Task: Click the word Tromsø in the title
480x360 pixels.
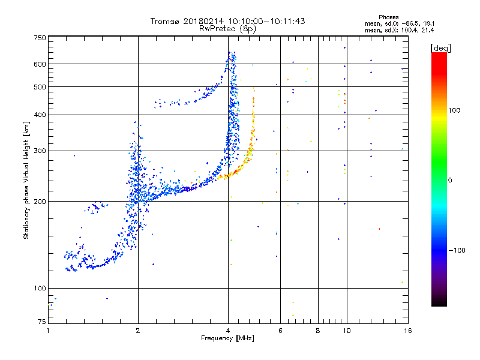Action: [x=166, y=21]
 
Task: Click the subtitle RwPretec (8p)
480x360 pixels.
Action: [x=227, y=28]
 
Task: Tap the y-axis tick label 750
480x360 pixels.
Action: [x=40, y=38]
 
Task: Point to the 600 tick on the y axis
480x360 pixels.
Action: [x=40, y=64]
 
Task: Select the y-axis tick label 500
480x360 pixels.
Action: [x=40, y=87]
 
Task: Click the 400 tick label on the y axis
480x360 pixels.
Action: [x=40, y=115]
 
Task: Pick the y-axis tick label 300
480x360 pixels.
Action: [x=40, y=151]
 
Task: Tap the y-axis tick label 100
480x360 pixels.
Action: [x=40, y=289]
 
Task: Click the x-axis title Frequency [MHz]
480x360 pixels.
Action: [x=227, y=339]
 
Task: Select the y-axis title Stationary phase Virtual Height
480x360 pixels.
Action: [x=26, y=180]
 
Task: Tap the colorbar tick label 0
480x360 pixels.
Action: [x=450, y=180]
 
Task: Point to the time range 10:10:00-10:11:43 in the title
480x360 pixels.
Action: [x=264, y=21]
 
